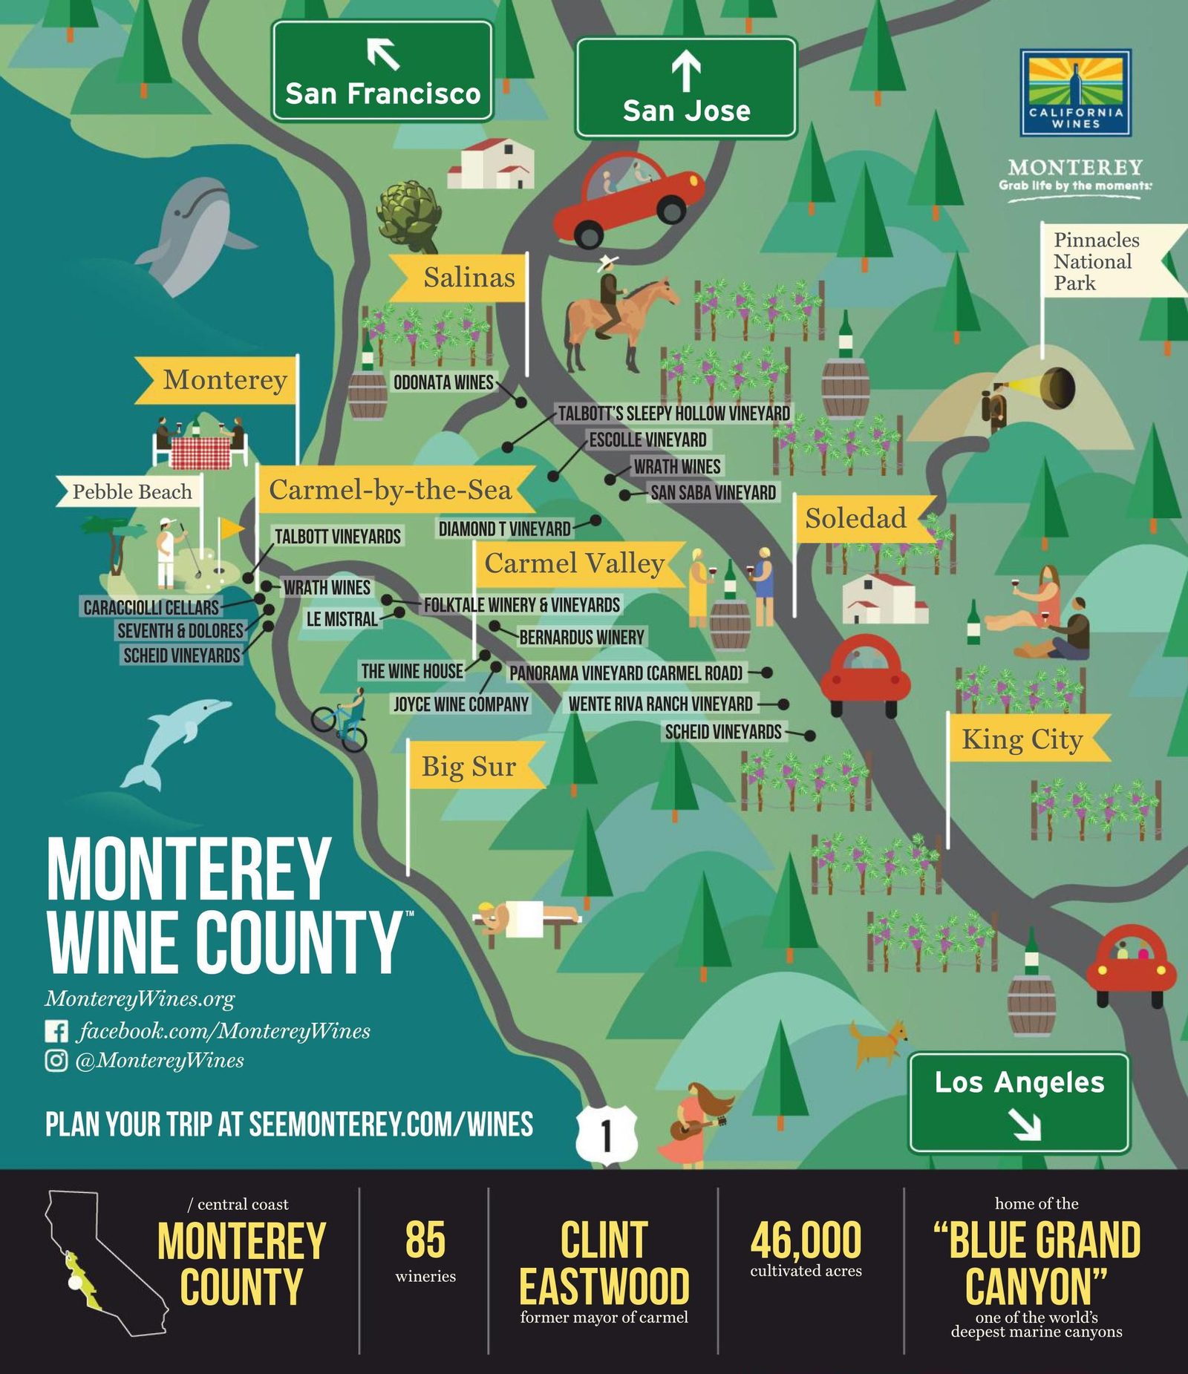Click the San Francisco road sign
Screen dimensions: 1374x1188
[x=382, y=71]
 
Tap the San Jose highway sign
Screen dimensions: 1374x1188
[x=686, y=88]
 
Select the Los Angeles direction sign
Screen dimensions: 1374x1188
[x=1019, y=1102]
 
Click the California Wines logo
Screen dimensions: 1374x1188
[x=1075, y=93]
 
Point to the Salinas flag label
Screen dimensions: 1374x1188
[x=469, y=278]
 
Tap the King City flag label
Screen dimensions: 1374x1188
[x=1022, y=739]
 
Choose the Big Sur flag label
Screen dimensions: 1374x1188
[x=469, y=766]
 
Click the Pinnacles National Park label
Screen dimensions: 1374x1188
[x=1096, y=261]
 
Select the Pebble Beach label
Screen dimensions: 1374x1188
[x=131, y=491]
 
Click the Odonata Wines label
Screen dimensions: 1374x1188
[x=443, y=382]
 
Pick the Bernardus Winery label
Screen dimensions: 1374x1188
[x=581, y=637]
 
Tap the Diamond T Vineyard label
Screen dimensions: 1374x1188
[x=504, y=529]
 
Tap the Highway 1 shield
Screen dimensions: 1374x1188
[x=607, y=1135]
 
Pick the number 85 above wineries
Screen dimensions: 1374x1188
[x=425, y=1240]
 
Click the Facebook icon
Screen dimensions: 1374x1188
[x=56, y=1031]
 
